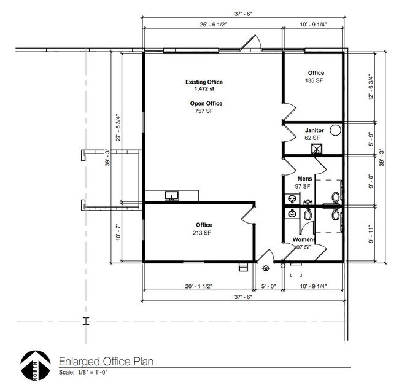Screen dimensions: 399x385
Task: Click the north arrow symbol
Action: tap(35, 365)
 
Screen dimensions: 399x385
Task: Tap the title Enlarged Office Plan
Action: tap(106, 361)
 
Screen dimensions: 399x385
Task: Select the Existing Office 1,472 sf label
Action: tap(204, 85)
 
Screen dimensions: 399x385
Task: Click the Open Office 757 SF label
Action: tap(206, 107)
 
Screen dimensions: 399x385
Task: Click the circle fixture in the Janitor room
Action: tap(335, 130)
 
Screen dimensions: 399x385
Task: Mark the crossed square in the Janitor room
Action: tap(317, 149)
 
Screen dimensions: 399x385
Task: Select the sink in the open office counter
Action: tap(172, 196)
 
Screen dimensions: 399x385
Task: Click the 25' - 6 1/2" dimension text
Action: tap(213, 25)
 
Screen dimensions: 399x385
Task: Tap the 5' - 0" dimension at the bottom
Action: tap(268, 286)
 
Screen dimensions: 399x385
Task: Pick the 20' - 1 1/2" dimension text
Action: tap(198, 286)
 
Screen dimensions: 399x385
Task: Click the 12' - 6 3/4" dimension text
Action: tap(371, 87)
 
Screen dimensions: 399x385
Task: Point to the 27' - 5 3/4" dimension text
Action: tap(118, 128)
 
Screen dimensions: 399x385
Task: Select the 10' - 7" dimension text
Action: tap(118, 232)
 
